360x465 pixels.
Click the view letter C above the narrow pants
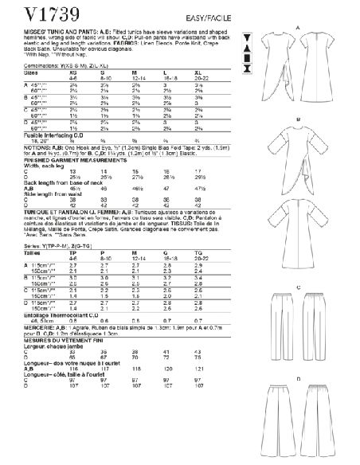(296, 264)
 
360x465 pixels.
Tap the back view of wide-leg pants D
(331, 414)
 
